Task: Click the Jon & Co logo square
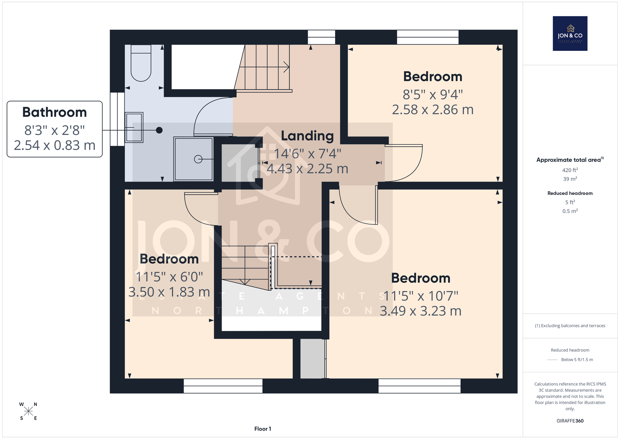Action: point(570,33)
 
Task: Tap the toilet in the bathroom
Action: point(141,63)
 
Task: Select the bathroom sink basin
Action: point(134,128)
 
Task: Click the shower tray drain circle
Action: point(198,159)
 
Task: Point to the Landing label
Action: point(307,136)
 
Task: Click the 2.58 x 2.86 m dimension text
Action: point(432,110)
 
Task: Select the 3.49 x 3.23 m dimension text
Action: point(420,311)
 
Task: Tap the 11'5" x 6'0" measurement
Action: point(169,277)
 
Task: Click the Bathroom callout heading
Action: point(55,112)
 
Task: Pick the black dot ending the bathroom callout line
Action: point(159,130)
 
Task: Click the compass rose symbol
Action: point(28,411)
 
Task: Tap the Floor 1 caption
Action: point(263,429)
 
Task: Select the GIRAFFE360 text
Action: point(570,421)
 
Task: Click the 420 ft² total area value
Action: point(570,170)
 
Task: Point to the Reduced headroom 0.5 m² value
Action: point(570,211)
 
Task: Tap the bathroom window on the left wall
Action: point(117,119)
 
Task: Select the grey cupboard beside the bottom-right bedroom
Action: point(312,359)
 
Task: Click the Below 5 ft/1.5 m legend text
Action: point(577,359)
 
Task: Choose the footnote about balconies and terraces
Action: point(570,326)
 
